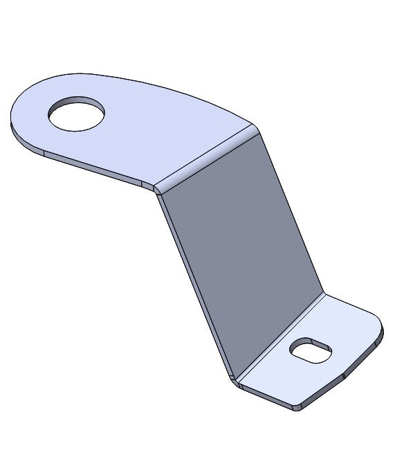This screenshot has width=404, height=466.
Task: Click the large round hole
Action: pyautogui.click(x=77, y=114)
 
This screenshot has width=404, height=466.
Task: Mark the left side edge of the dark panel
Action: pyautogui.click(x=194, y=284)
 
